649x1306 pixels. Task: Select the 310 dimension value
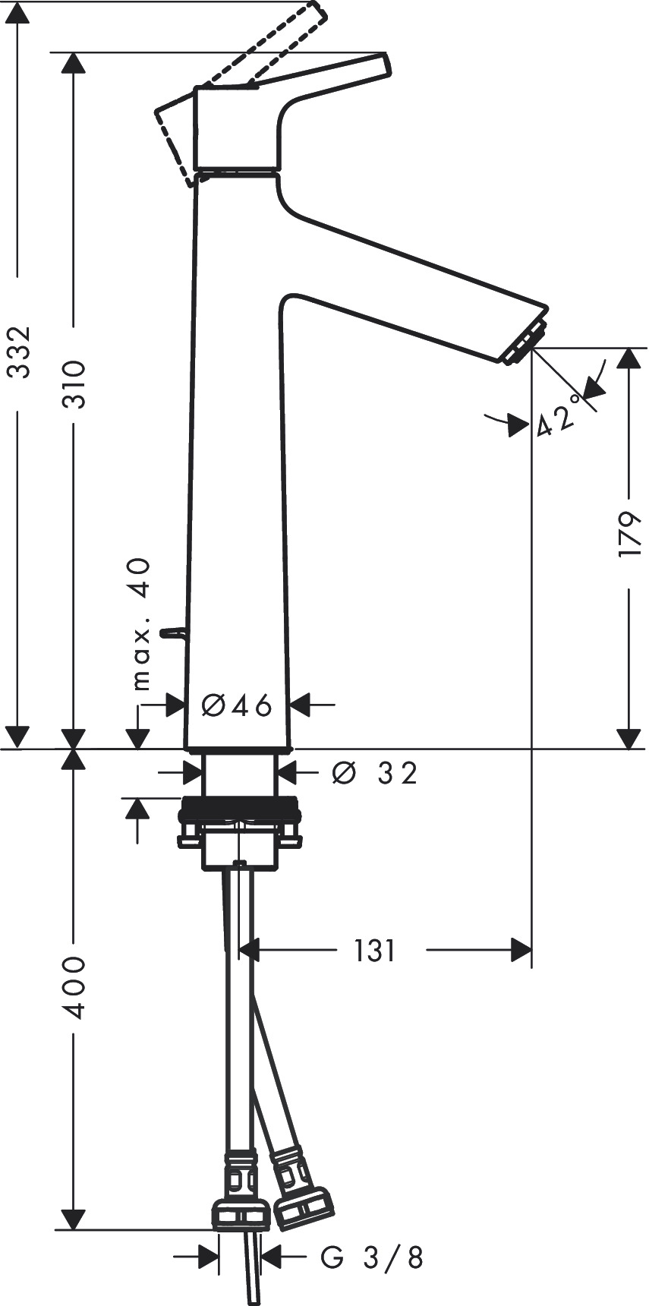[x=74, y=383]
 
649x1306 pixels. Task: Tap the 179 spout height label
[x=629, y=535]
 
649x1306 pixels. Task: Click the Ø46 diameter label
[x=237, y=705]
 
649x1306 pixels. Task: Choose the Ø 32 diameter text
[x=375, y=774]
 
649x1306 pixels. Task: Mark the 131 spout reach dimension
[x=375, y=950]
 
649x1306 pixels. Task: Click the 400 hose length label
[x=74, y=987]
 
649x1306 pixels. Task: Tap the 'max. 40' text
[x=140, y=623]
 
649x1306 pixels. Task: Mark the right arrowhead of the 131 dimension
[x=521, y=950]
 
